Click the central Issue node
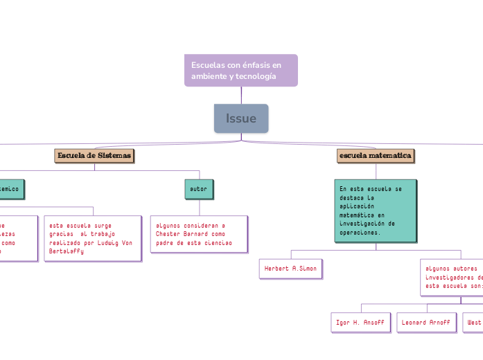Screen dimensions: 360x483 (x=240, y=118)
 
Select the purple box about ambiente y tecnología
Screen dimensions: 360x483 (x=240, y=70)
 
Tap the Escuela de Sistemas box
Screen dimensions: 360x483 (x=94, y=155)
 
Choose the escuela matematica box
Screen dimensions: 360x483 (x=376, y=156)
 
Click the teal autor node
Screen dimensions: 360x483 (x=199, y=188)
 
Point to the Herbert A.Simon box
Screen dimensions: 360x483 (x=290, y=267)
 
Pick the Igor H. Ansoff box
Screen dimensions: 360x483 (x=360, y=323)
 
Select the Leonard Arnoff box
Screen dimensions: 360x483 (x=426, y=323)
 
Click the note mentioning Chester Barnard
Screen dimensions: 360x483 (x=198, y=234)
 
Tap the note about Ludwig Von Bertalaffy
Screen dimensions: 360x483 (x=92, y=238)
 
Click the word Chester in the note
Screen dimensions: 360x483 (x=170, y=235)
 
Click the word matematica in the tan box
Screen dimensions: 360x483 (x=392, y=156)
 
